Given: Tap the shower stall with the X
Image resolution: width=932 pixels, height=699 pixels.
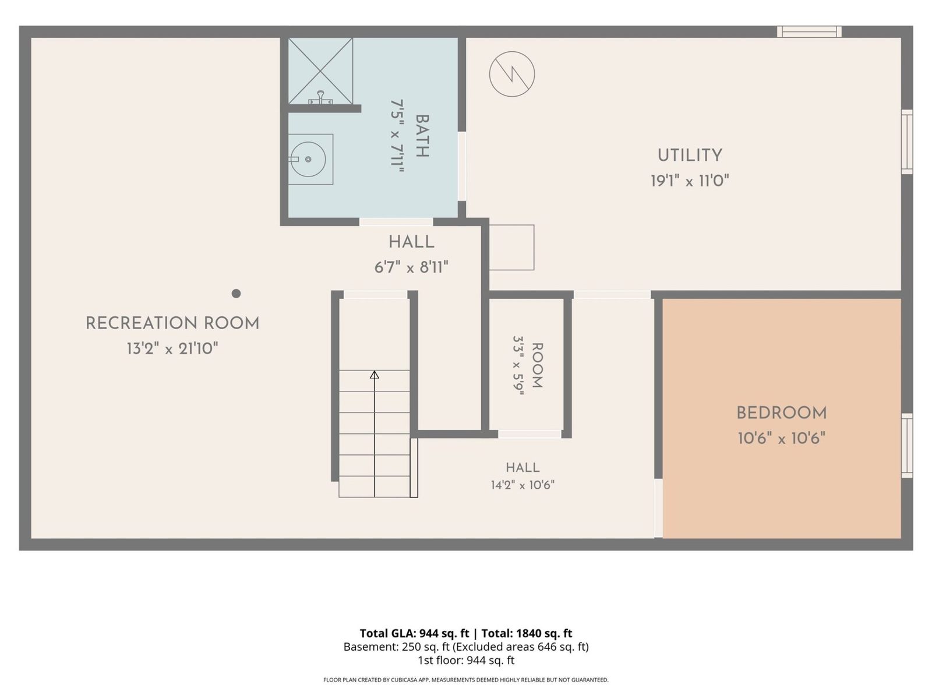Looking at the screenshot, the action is click(320, 71).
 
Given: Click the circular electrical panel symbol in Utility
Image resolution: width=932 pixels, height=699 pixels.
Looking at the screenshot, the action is click(511, 75).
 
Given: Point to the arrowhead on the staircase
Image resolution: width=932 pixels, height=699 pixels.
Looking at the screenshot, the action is click(375, 375).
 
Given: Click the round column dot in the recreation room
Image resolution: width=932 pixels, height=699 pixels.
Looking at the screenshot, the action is click(236, 293).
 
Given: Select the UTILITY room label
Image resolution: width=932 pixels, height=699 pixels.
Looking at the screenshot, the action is click(690, 156).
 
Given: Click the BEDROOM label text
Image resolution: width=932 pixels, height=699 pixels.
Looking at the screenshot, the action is click(781, 413).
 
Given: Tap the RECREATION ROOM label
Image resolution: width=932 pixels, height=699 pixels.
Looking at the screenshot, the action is click(172, 323).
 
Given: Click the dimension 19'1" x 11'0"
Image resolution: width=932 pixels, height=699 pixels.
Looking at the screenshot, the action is click(690, 181).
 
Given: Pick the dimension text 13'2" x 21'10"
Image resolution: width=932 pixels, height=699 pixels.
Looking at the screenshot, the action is click(172, 349).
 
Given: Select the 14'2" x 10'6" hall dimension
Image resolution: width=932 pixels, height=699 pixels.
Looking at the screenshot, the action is click(523, 485).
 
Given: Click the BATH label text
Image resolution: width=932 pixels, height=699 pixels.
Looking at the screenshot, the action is click(422, 136).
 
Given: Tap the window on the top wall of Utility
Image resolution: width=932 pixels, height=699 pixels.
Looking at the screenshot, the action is click(809, 32).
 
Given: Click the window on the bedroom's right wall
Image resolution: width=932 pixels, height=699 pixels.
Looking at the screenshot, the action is click(906, 446).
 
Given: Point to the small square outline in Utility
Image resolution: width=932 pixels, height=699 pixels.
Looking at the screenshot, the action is click(511, 248).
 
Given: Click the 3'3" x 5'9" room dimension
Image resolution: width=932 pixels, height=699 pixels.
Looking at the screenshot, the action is click(518, 365).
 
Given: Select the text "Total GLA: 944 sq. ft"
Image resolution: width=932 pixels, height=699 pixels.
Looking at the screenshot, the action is click(414, 633).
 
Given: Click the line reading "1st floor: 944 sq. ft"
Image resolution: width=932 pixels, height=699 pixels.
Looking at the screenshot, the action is click(466, 661).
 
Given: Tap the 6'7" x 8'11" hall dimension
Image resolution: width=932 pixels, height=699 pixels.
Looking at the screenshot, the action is click(411, 268).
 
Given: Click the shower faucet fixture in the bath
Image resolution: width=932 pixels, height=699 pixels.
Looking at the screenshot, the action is click(320, 98).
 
